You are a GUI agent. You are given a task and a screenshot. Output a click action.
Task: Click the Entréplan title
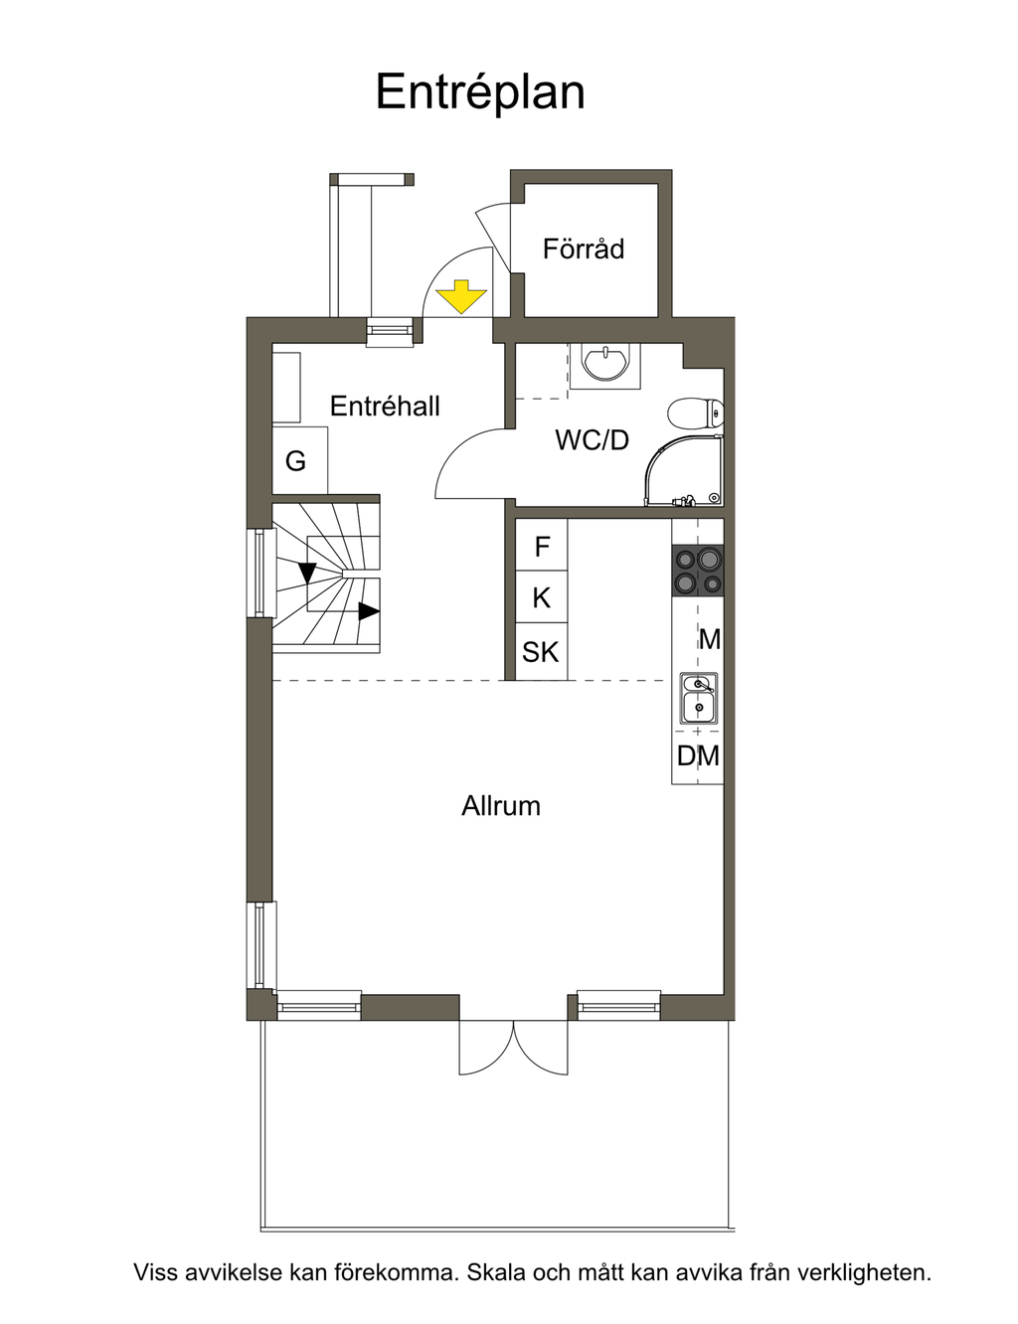point(480,92)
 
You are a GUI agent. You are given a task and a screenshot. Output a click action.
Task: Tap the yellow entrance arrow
point(461,297)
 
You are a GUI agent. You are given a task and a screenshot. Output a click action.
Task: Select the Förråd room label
point(583,248)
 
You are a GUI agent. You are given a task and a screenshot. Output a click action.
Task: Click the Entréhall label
point(385,406)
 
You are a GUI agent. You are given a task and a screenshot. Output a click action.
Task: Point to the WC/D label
point(592,439)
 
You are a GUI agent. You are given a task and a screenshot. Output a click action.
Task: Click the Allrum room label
point(501,805)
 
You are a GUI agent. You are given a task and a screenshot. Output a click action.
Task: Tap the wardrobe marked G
point(300,460)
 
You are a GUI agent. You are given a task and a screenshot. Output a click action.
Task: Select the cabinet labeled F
point(542,545)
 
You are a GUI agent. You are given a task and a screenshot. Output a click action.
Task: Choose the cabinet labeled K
point(542,597)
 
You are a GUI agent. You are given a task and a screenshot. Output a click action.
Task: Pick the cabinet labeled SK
point(542,651)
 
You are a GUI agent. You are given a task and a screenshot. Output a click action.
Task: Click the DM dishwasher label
point(698,756)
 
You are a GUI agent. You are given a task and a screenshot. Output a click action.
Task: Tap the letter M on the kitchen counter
point(710,640)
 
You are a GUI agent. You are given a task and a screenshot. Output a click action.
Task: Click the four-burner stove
point(698,571)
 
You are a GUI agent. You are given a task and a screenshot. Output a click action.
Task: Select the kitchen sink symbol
point(699,698)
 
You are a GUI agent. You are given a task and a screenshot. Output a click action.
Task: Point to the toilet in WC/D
point(696,414)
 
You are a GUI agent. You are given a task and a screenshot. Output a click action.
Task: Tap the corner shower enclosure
point(685,470)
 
